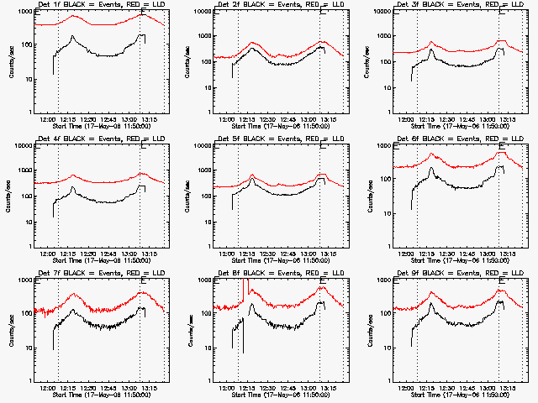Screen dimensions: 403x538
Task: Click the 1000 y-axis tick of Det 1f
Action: pos(26,13)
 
